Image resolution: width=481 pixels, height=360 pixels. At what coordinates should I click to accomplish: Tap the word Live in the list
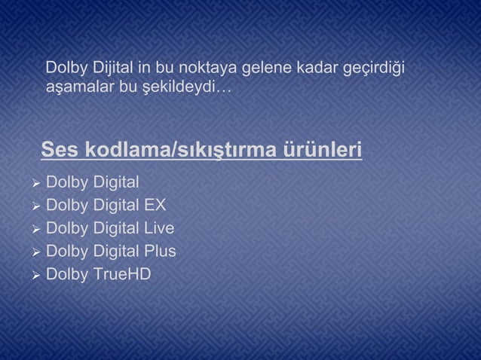(160, 228)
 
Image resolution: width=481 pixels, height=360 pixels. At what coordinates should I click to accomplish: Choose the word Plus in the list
(161, 251)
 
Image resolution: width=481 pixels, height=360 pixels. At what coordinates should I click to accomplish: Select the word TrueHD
(121, 273)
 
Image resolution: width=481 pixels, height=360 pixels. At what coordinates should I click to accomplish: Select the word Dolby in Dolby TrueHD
(66, 273)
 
